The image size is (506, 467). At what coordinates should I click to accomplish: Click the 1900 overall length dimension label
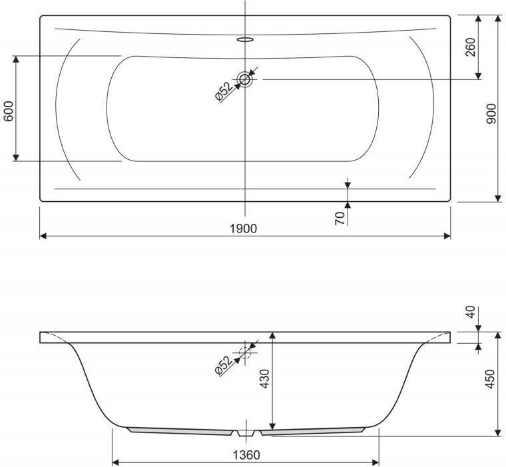[243, 229]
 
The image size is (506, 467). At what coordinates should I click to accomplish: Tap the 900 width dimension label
[491, 114]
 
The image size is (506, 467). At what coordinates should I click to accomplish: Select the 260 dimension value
[471, 47]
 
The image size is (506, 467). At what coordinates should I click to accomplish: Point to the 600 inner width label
[9, 111]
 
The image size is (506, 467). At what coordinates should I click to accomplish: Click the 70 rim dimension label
[340, 219]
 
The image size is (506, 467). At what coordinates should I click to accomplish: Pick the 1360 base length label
[246, 456]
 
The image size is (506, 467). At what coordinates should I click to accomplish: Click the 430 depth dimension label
[264, 379]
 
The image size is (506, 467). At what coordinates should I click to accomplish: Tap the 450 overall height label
[489, 379]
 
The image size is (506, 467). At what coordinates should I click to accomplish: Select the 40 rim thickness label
[471, 312]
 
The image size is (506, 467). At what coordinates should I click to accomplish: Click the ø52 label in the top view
[224, 92]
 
